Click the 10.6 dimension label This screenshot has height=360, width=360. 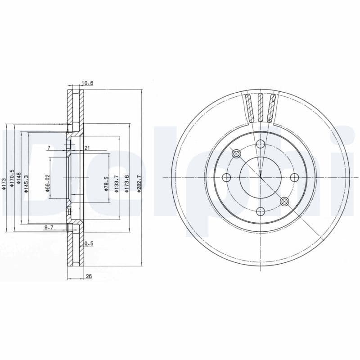[87, 83]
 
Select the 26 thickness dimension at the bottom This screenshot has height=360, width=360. [88, 276]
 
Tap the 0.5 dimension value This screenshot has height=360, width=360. [89, 243]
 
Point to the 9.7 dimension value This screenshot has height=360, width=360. [49, 228]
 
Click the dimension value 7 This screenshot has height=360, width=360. [49, 148]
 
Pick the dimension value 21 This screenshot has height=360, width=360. [87, 148]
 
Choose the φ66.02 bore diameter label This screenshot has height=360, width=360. [47, 184]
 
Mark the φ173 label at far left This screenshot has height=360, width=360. [4, 184]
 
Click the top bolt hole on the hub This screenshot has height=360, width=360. [260, 144]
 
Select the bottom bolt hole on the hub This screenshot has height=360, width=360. [260, 211]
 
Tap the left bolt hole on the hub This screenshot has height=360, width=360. [227, 177]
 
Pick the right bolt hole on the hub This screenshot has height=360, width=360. [293, 177]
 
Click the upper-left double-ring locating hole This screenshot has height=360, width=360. [237, 154]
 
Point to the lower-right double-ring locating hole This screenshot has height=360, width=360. [284, 201]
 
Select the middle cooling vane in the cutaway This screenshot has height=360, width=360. [260, 107]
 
